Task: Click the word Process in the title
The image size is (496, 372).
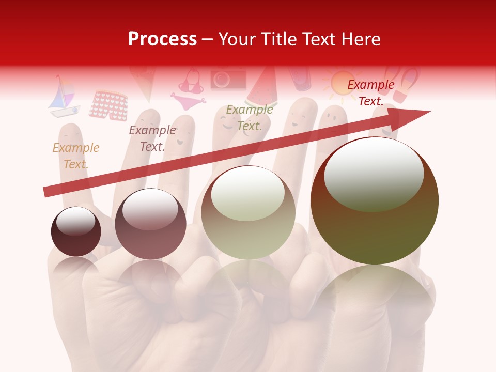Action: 162,39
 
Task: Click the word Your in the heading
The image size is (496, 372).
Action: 238,39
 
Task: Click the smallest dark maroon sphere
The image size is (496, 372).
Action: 76,232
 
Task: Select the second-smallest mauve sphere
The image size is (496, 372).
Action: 150,224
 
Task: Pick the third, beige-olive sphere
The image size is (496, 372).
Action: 249,212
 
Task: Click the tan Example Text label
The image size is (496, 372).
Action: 75,156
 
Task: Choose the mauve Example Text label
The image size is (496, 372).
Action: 152,138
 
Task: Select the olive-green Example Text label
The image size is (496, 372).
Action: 250,118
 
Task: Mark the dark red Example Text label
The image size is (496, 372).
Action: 370,93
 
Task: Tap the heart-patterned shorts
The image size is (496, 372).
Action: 109,105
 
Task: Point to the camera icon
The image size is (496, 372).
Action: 228,79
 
